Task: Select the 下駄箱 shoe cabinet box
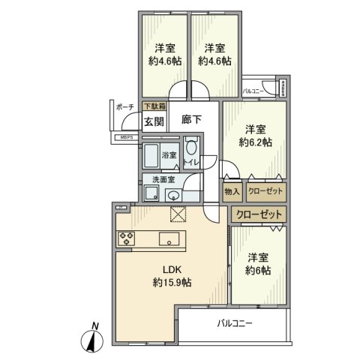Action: (154, 107)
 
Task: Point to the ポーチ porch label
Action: (124, 107)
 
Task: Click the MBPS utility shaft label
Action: (124, 138)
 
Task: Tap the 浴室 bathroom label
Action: (169, 155)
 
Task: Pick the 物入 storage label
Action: (232, 192)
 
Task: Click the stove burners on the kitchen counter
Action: (125, 239)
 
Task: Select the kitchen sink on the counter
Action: (169, 240)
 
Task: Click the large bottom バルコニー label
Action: (236, 324)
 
